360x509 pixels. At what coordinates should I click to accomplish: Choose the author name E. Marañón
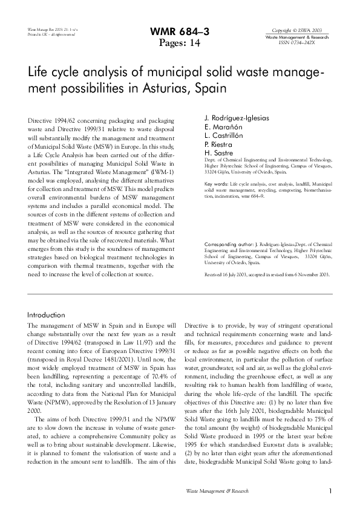tap(223, 129)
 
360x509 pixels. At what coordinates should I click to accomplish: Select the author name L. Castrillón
tap(226, 138)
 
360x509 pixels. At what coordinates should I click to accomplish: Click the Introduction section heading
tap(47, 315)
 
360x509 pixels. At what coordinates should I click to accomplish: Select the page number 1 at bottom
tap(330, 491)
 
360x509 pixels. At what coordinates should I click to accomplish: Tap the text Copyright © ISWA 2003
tap(296, 30)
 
